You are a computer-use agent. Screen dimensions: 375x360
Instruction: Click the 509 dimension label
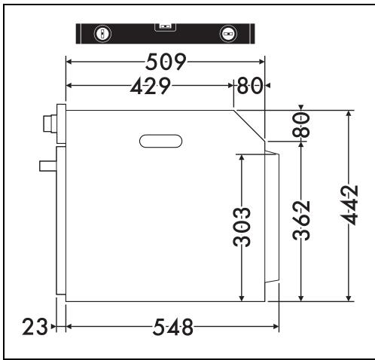166,62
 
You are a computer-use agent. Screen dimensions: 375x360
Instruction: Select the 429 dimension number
151,86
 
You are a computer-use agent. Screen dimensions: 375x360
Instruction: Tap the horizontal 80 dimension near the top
250,86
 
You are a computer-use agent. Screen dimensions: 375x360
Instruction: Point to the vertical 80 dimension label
301,125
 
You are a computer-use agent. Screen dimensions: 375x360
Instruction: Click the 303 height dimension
242,227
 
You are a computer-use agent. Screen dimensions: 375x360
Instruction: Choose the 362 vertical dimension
301,221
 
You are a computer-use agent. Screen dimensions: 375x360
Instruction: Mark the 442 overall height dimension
349,206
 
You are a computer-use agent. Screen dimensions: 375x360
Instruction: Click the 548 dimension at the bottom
173,327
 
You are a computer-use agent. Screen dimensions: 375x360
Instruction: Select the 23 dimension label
35,327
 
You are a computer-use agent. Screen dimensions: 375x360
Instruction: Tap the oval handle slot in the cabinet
160,141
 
